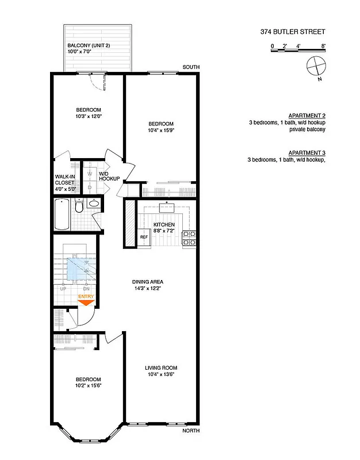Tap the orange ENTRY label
[x=86, y=297]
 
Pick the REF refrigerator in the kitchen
[x=144, y=237]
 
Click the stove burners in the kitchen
[x=189, y=238]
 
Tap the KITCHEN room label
[x=163, y=225]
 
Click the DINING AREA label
[x=150, y=282]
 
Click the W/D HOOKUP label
[x=109, y=176]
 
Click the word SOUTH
[x=191, y=67]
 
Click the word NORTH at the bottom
[x=191, y=431]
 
